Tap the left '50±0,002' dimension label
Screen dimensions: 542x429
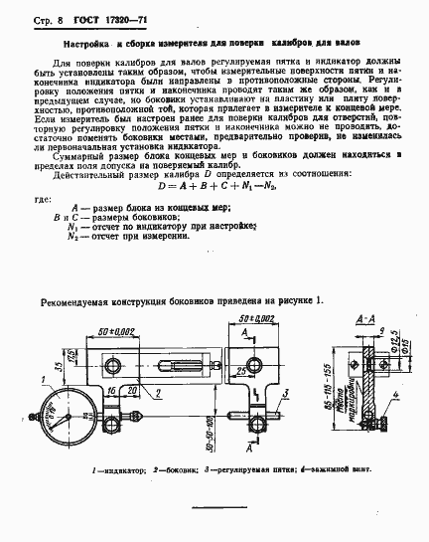pyautogui.click(x=108, y=330)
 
